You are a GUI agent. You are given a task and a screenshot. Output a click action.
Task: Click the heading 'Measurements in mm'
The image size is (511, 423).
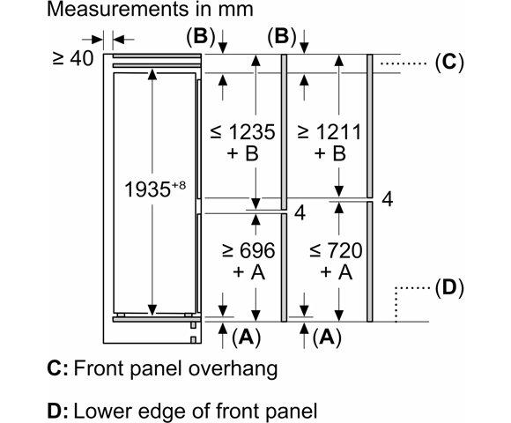point(150,10)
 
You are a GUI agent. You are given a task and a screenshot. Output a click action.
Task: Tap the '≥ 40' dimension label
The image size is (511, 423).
point(73,59)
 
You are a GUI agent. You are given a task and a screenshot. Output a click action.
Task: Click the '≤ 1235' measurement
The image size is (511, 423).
point(243,132)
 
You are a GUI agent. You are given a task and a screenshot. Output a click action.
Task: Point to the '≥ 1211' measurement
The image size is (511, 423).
point(330,132)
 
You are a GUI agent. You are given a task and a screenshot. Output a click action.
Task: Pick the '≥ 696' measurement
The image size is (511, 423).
point(248,250)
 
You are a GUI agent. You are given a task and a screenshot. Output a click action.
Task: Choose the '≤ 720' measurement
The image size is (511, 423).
point(336,250)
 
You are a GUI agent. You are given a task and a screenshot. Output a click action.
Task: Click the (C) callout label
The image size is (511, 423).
point(449,62)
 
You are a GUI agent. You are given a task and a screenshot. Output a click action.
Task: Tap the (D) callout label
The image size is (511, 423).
point(449,288)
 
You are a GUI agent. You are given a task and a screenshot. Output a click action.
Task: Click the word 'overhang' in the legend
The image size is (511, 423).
point(233,369)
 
